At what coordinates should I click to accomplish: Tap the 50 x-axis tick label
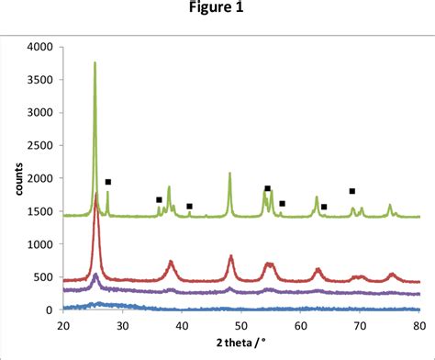click(x=240, y=324)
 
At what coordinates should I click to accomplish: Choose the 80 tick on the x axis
click(x=418, y=324)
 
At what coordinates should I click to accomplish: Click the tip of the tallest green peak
click(x=95, y=62)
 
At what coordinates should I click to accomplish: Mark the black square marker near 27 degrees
click(x=107, y=182)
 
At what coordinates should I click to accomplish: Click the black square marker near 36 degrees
click(x=159, y=199)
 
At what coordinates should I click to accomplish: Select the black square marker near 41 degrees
click(x=189, y=207)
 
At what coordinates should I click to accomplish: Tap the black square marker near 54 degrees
click(x=267, y=188)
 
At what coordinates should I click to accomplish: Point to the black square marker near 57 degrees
click(x=282, y=203)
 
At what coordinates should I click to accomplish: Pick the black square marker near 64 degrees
click(x=324, y=207)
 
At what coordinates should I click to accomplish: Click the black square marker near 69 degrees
click(x=351, y=191)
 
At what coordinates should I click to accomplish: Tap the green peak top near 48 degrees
click(x=229, y=173)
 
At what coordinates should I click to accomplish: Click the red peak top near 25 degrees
click(x=95, y=195)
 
